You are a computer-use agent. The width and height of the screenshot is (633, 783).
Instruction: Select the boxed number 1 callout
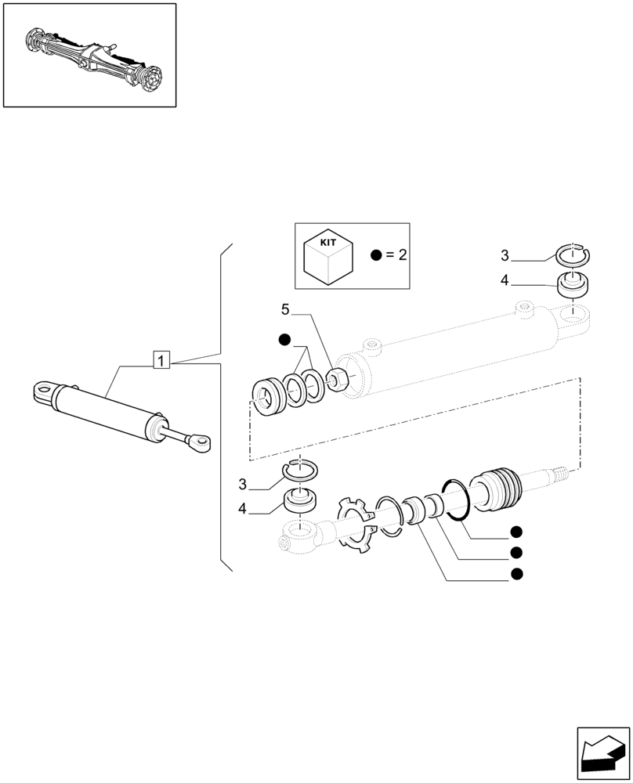click(161, 361)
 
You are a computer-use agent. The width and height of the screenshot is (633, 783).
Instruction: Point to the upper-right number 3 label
click(505, 256)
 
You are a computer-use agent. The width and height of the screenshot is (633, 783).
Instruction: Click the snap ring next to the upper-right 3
click(574, 254)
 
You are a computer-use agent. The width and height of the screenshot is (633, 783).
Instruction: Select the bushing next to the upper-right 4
click(573, 284)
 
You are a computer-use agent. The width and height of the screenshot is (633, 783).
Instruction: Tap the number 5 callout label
click(285, 310)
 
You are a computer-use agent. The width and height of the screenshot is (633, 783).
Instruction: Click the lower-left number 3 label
click(243, 484)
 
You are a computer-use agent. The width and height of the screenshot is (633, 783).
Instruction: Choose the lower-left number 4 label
click(243, 509)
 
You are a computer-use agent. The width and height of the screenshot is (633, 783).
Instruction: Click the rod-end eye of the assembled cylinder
click(201, 442)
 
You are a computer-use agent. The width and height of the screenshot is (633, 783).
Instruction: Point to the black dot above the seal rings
click(284, 339)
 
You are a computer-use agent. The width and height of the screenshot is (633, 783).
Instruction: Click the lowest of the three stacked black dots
click(515, 574)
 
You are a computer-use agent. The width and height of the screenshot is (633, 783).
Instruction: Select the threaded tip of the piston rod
click(562, 472)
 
